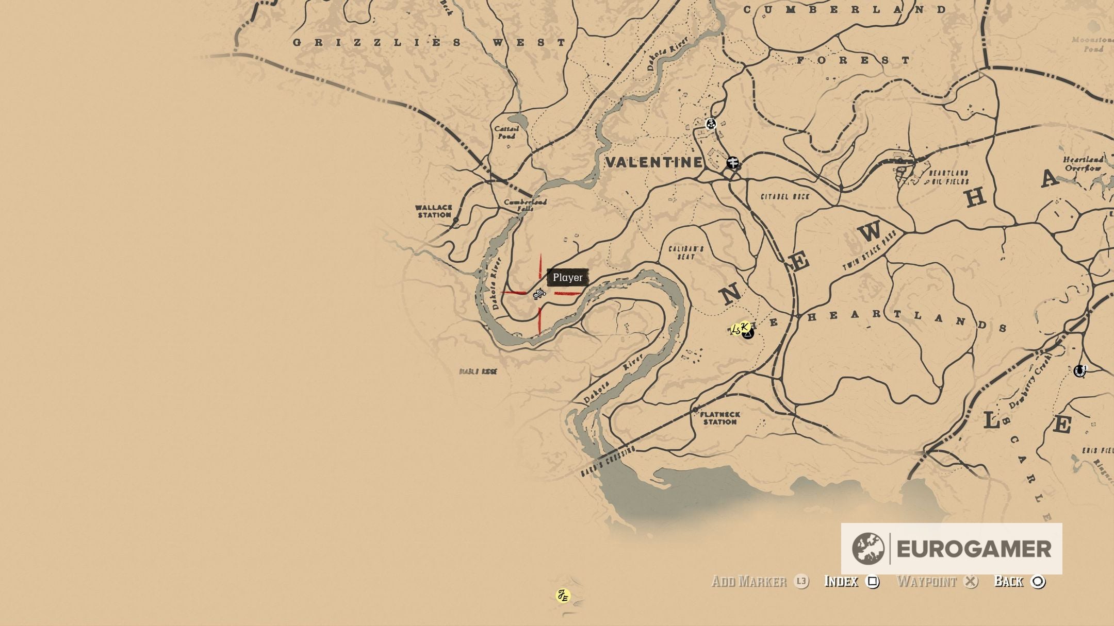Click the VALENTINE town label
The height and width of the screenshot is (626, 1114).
click(x=654, y=162)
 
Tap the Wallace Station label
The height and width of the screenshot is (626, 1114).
click(x=433, y=211)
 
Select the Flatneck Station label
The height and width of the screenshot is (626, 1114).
click(x=720, y=418)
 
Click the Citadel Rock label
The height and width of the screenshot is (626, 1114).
click(x=785, y=196)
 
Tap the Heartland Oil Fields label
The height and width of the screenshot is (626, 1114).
click(x=948, y=177)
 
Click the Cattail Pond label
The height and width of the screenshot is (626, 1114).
click(x=506, y=132)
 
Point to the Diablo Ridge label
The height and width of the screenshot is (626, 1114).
click(x=478, y=371)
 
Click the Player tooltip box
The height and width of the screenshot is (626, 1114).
click(x=567, y=278)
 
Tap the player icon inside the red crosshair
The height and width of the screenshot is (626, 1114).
click(x=539, y=294)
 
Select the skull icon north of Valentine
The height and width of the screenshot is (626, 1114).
click(x=711, y=124)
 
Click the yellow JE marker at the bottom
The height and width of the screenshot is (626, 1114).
click(x=563, y=596)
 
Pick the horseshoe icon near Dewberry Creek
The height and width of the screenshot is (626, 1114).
click(x=1079, y=371)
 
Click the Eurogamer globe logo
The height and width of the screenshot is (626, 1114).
click(x=867, y=549)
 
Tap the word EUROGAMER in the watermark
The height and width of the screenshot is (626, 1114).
click(x=974, y=549)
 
